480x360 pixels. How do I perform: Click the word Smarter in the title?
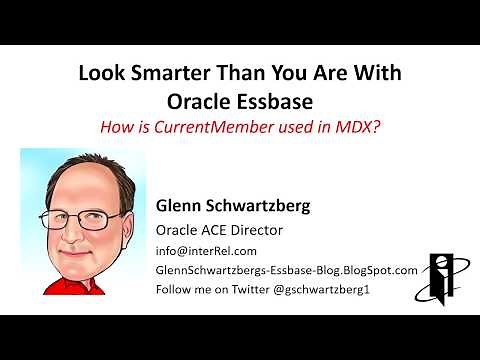click(x=163, y=75)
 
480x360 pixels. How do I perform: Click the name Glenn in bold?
click(x=180, y=207)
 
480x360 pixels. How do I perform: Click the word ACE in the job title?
click(x=213, y=231)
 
